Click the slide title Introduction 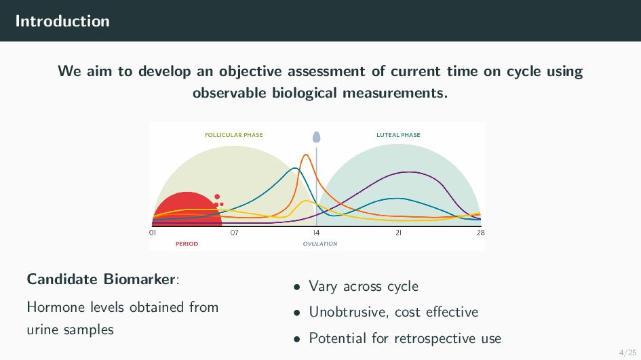click(62, 21)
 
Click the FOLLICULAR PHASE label click(234, 135)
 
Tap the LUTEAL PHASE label click(398, 135)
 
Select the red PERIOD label click(187, 244)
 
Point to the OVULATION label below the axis click(320, 244)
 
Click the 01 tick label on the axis click(153, 233)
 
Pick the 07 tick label click(234, 233)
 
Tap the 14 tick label click(316, 233)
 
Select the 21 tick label click(399, 233)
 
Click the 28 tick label click(481, 233)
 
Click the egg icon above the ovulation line click(316, 137)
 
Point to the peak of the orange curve click(306, 155)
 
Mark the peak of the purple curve click(409, 172)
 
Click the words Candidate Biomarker click(101, 279)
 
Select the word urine click(43, 329)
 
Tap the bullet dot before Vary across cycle click(297, 287)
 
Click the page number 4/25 click(628, 353)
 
